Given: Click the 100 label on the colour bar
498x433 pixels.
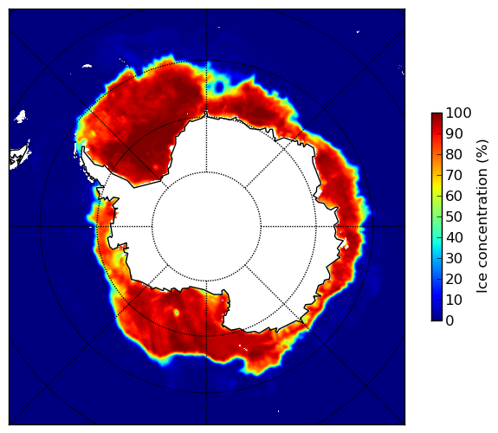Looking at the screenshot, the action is point(459,113).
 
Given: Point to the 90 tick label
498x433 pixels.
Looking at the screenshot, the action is point(454,133).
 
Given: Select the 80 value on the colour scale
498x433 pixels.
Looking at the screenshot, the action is point(454,155).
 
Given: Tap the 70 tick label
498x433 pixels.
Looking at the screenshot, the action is point(454,175).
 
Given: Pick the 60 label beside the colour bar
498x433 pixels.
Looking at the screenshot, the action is point(454,196).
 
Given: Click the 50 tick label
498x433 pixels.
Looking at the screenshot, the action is point(454,217).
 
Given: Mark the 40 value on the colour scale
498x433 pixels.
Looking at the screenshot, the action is point(454,237).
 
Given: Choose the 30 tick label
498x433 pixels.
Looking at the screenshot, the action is point(454,259).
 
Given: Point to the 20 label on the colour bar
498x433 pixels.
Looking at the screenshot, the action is point(454,279).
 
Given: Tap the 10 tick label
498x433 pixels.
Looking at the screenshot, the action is point(454,300).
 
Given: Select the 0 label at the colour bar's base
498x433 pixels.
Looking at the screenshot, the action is point(450,321).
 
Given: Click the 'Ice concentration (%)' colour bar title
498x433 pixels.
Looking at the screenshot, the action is point(482,216).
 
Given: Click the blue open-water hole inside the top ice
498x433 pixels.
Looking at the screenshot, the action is point(219,87).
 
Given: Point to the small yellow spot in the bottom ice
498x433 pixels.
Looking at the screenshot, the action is point(177,313).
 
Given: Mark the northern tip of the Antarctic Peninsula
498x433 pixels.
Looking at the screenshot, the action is point(83,147).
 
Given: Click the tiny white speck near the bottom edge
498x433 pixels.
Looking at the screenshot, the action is point(279,411).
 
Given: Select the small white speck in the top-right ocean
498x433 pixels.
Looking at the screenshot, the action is point(358,31).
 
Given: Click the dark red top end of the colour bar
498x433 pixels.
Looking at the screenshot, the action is point(437,115).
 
